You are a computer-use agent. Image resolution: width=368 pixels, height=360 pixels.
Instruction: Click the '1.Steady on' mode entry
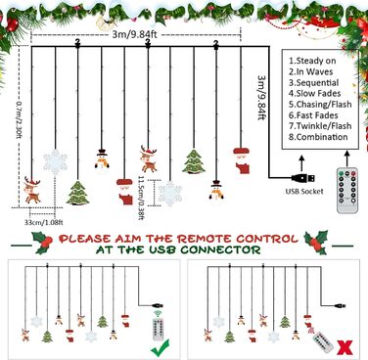pyautogui.click(x=312, y=61)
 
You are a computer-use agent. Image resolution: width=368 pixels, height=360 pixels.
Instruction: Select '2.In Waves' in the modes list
pyautogui.click(x=310, y=71)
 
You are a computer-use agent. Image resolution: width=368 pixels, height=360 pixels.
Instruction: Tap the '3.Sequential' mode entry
pyautogui.click(x=313, y=82)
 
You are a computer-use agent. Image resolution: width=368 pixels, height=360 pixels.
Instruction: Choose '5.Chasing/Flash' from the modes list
pyautogui.click(x=320, y=105)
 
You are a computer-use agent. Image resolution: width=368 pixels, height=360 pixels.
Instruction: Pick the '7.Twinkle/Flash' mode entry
pyautogui.click(x=320, y=126)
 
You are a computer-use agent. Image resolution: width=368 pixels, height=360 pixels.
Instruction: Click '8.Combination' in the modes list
pyautogui.click(x=318, y=137)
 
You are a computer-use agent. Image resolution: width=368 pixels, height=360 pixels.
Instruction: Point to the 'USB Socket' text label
pyautogui.click(x=304, y=192)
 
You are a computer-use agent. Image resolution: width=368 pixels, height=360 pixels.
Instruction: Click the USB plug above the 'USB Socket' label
pyautogui.click(x=303, y=178)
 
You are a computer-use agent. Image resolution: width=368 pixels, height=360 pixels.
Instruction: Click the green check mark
pyautogui.click(x=161, y=347)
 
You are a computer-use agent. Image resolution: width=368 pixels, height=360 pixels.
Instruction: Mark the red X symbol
pyautogui.click(x=345, y=348)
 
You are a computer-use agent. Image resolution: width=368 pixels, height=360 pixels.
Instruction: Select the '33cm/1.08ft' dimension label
pyautogui.click(x=43, y=223)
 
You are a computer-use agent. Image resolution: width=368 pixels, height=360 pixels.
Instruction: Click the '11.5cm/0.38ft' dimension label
pyautogui.click(x=141, y=198)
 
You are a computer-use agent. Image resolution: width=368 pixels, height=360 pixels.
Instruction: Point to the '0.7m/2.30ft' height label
pyautogui.click(x=18, y=118)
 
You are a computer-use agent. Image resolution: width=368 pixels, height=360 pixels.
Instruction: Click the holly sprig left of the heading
pyautogui.click(x=42, y=243)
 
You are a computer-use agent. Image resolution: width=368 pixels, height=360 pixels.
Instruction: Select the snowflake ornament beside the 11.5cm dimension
pyautogui.click(x=170, y=194)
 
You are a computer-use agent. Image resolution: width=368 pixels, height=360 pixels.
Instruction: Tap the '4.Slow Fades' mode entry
pyautogui.click(x=314, y=94)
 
